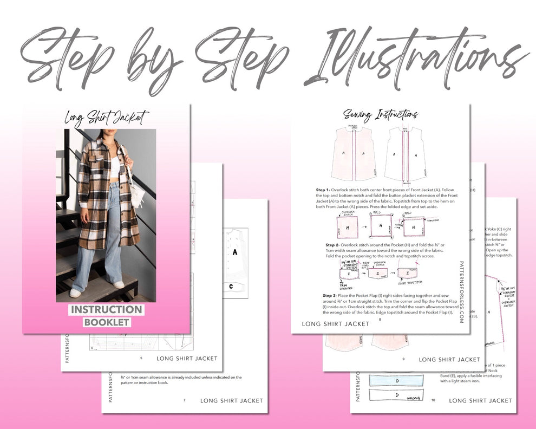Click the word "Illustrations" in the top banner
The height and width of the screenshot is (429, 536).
pyautogui.click(x=411, y=54)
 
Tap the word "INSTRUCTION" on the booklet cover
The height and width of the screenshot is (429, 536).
pyautogui.click(x=106, y=310)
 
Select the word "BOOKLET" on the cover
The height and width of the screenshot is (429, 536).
pyautogui.click(x=106, y=322)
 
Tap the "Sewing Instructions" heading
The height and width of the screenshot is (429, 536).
pyautogui.click(x=380, y=114)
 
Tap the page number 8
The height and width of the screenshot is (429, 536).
pyautogui.click(x=380, y=320)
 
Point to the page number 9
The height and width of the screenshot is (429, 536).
pyautogui.click(x=403, y=359)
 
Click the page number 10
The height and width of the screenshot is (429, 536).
pyautogui.click(x=433, y=400)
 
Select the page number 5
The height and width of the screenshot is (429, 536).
pyautogui.click(x=141, y=358)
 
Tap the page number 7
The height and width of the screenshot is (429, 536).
pyautogui.click(x=184, y=400)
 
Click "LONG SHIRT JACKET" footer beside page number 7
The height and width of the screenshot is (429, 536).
pyautogui.click(x=231, y=400)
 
